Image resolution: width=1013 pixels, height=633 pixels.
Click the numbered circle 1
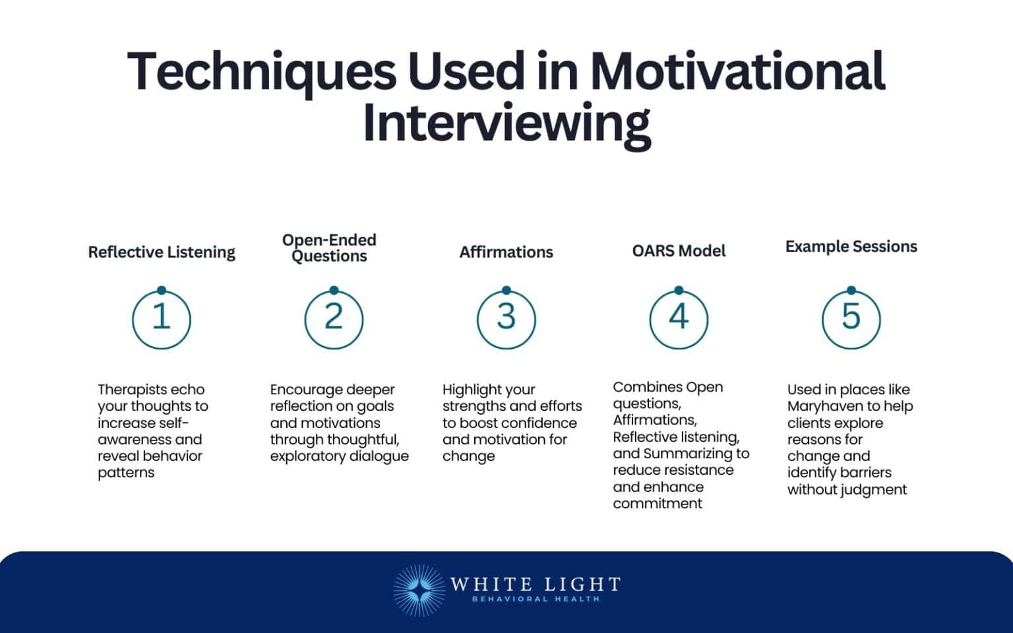(x=162, y=319)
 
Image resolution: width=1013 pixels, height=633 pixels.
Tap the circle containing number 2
(x=334, y=319)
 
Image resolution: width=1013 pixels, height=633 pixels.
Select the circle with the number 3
(x=506, y=319)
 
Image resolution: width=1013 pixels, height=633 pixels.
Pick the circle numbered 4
(x=679, y=319)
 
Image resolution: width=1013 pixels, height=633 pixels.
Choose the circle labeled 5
(x=851, y=319)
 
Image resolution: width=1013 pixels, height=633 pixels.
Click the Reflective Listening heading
(x=162, y=252)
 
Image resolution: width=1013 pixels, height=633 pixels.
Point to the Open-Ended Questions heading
(x=329, y=248)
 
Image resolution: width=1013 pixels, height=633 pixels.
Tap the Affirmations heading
(x=506, y=252)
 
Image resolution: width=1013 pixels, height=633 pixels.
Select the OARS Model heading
(x=679, y=251)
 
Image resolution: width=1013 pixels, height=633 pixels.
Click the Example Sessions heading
(x=851, y=247)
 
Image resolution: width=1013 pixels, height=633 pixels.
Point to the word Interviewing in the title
(x=506, y=123)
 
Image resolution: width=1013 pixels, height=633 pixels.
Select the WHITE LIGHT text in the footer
(x=535, y=584)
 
